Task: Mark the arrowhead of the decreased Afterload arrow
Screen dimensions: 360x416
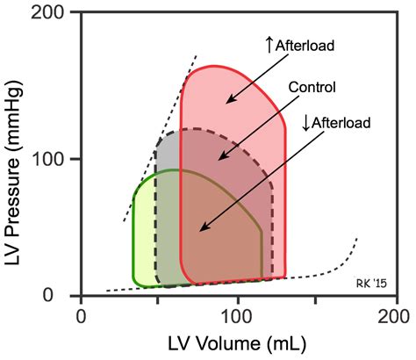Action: tap(199, 231)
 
